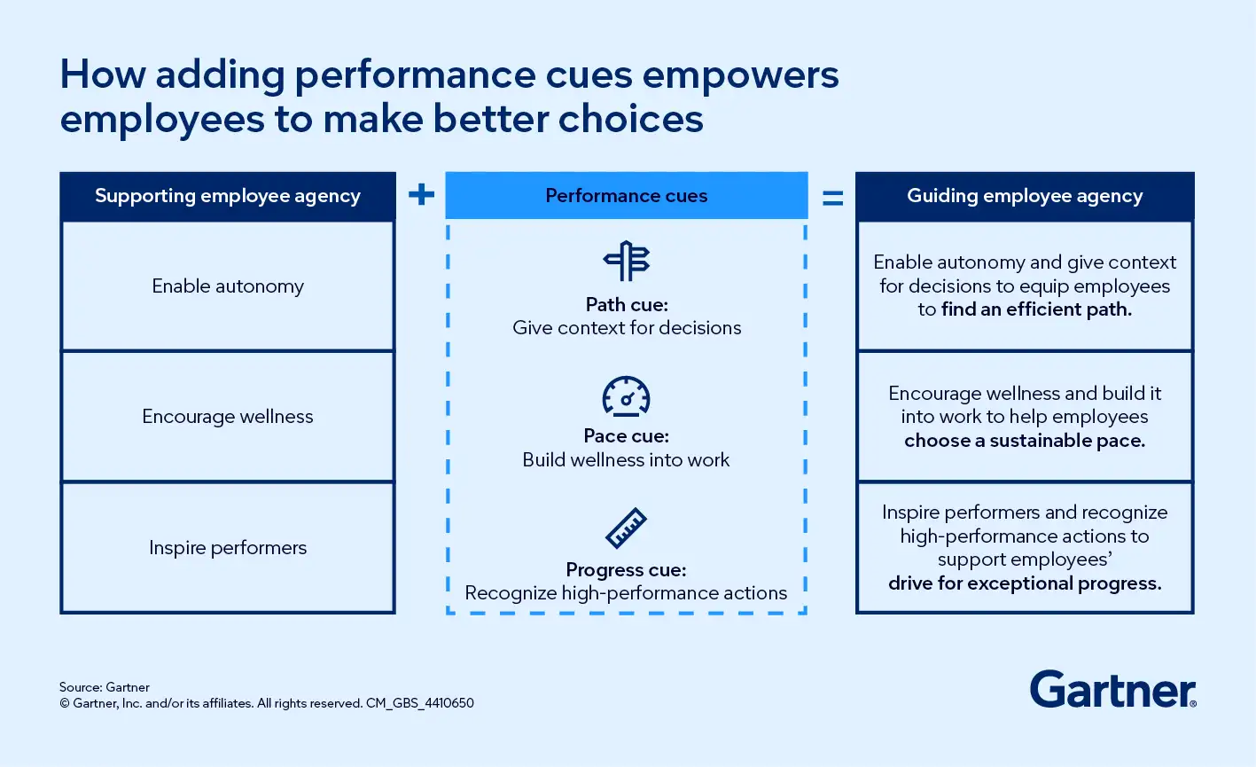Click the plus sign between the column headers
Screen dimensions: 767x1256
pyautogui.click(x=421, y=194)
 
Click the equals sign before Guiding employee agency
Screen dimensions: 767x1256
pyautogui.click(x=832, y=199)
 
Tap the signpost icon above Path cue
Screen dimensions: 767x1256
pyautogui.click(x=627, y=261)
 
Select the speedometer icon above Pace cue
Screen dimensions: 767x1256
pyautogui.click(x=627, y=396)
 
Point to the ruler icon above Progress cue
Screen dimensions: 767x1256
pyautogui.click(x=627, y=528)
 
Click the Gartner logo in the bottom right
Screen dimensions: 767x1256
pyautogui.click(x=1112, y=689)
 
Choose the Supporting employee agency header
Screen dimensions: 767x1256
pyautogui.click(x=228, y=196)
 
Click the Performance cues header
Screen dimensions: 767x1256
pyautogui.click(x=627, y=196)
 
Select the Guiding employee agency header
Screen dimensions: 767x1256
pyautogui.click(x=1025, y=196)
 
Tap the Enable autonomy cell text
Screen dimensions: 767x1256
pyautogui.click(x=228, y=286)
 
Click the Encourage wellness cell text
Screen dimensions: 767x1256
pyautogui.click(x=228, y=417)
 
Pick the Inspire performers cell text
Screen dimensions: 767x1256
pyautogui.click(x=228, y=548)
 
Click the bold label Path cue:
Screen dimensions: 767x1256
pyautogui.click(x=627, y=304)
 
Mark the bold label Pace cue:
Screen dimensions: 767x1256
pyautogui.click(x=627, y=436)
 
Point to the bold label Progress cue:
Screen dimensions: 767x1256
pyautogui.click(x=627, y=569)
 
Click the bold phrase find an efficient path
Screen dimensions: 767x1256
pyautogui.click(x=1036, y=309)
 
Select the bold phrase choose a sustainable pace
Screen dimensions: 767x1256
pyautogui.click(x=1025, y=441)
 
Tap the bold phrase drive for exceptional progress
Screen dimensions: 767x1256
pyautogui.click(x=1025, y=583)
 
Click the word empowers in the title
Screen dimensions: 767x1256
pyautogui.click(x=740, y=75)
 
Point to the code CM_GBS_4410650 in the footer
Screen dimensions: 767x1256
pyautogui.click(x=420, y=703)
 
